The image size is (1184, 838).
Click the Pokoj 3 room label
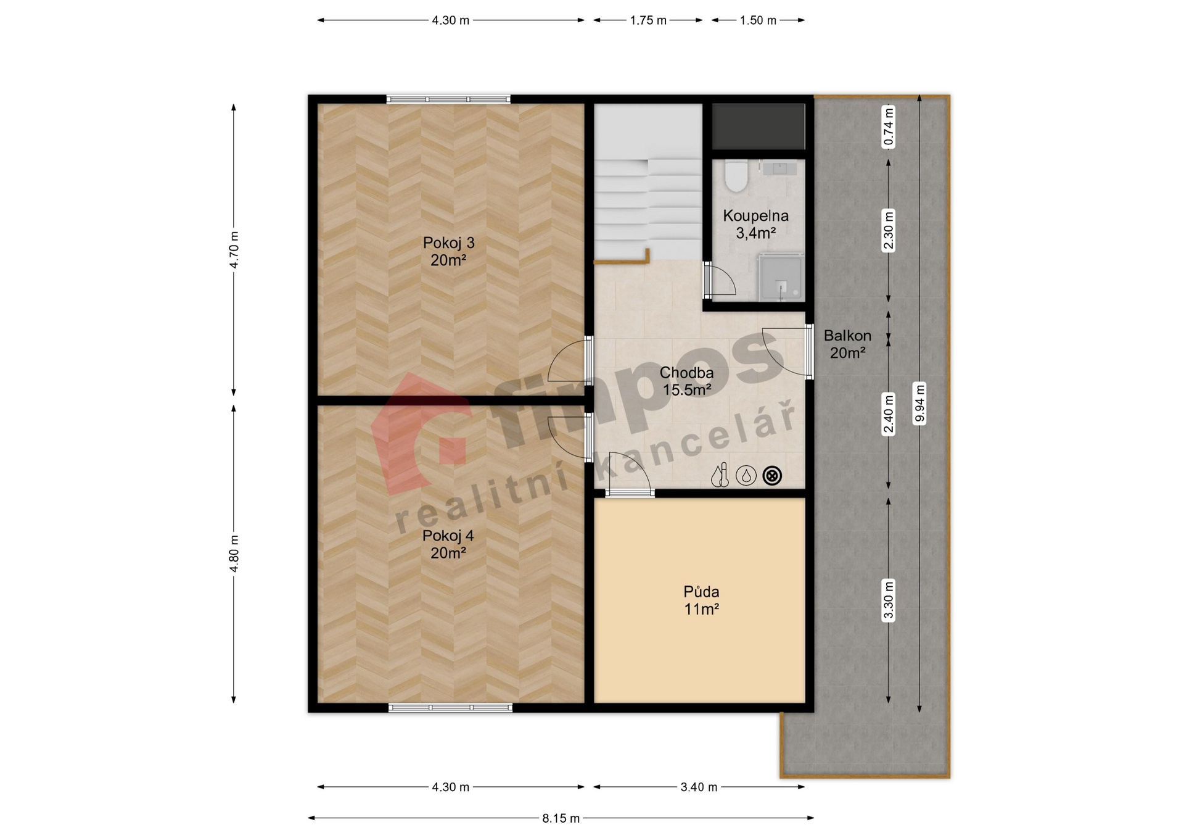point(448,251)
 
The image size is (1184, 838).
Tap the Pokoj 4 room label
point(448,544)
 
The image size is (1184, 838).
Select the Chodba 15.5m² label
point(686,381)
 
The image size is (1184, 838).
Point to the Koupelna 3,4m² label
point(755,224)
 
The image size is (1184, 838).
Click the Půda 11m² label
point(701,600)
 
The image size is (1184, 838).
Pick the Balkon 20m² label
point(847,344)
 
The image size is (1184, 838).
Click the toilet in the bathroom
point(735,175)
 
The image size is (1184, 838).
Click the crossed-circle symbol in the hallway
point(772,476)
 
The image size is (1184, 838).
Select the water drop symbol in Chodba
point(746,476)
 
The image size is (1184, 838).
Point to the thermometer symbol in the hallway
point(720,476)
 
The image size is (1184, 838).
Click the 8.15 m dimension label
point(561,818)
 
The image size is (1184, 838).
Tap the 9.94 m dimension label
point(919,404)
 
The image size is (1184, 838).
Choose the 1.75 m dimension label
point(648,20)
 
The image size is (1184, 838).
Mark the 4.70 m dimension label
point(234,250)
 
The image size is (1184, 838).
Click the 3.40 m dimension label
point(699,787)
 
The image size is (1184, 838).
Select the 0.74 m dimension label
point(889,127)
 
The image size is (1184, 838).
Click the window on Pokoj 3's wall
point(448,99)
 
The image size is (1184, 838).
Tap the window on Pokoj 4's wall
point(450,708)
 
